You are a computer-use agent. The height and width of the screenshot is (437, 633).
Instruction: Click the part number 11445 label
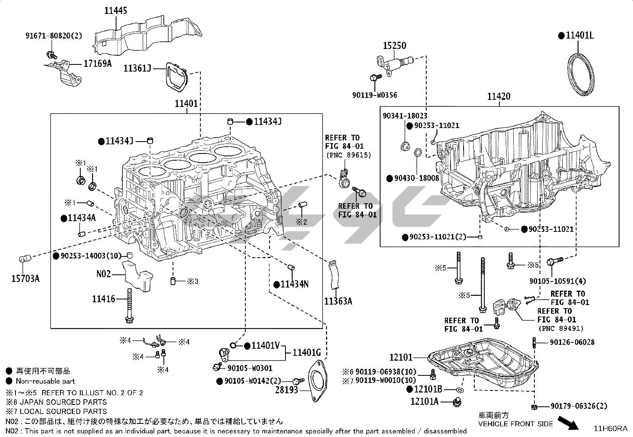116,10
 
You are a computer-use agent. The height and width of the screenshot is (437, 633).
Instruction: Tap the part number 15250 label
394,45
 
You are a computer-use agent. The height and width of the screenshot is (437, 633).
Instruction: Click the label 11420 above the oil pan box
499,97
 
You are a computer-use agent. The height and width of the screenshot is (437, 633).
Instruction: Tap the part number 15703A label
25,278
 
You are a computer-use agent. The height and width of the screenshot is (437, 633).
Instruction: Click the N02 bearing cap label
104,274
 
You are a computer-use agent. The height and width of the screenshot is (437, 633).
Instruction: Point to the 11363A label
338,301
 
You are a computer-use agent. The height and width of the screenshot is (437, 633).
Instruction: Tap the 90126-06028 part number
572,342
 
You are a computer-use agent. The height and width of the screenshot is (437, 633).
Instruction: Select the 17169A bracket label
97,63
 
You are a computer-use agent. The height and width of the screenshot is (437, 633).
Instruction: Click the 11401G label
307,352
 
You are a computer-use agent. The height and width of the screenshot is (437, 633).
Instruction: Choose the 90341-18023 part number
405,116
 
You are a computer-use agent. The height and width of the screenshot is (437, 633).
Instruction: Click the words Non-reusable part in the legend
45,381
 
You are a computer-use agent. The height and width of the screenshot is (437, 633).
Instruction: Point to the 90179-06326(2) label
579,406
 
